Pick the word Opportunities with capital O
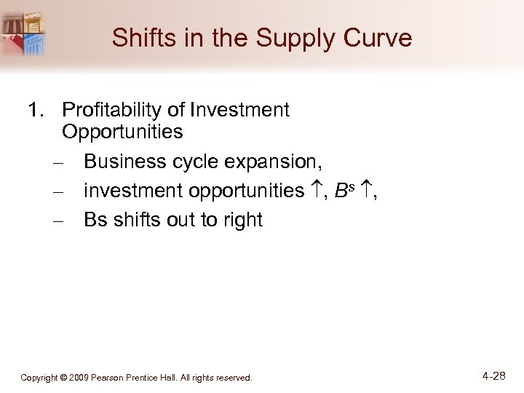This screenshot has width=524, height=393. click(x=122, y=132)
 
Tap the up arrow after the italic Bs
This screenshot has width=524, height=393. click(x=362, y=191)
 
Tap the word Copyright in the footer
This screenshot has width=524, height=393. click(x=42, y=378)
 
